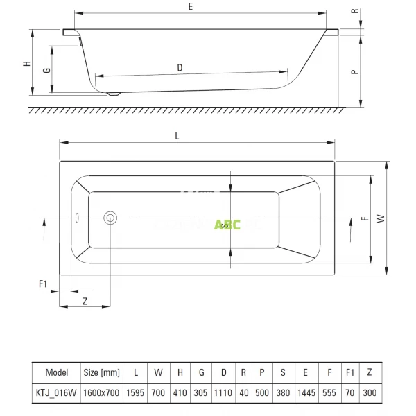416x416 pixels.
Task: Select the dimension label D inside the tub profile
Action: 180,67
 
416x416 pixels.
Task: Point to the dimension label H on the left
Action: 26,63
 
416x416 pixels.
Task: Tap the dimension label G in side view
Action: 46,70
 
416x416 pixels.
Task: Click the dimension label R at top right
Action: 354,12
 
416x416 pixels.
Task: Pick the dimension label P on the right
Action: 354,71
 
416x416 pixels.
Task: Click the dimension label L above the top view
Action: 178,136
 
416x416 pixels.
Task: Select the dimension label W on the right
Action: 380,218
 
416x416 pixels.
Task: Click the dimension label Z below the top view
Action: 85,301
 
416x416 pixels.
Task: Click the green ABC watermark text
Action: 227,225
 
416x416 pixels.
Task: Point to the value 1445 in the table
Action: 306,391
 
